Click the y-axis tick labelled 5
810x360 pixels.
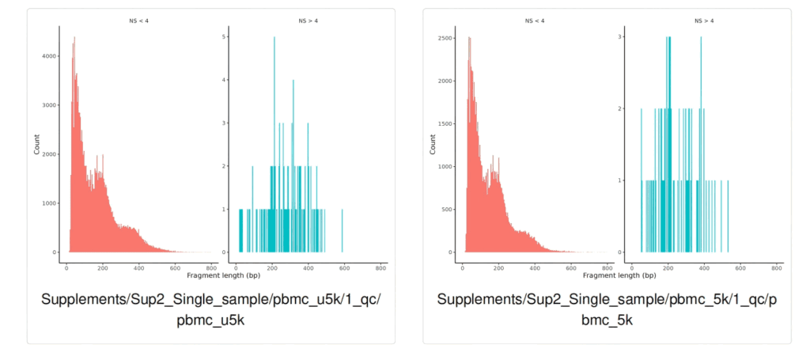pyautogui.click(x=227, y=36)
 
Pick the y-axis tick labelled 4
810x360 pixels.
pyautogui.click(x=227, y=79)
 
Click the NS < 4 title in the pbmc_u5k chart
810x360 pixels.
pyautogui.click(x=140, y=20)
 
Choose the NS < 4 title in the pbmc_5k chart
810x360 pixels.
pyautogui.click(x=536, y=20)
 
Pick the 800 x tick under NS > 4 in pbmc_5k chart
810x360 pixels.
pyautogui.click(x=777, y=268)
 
